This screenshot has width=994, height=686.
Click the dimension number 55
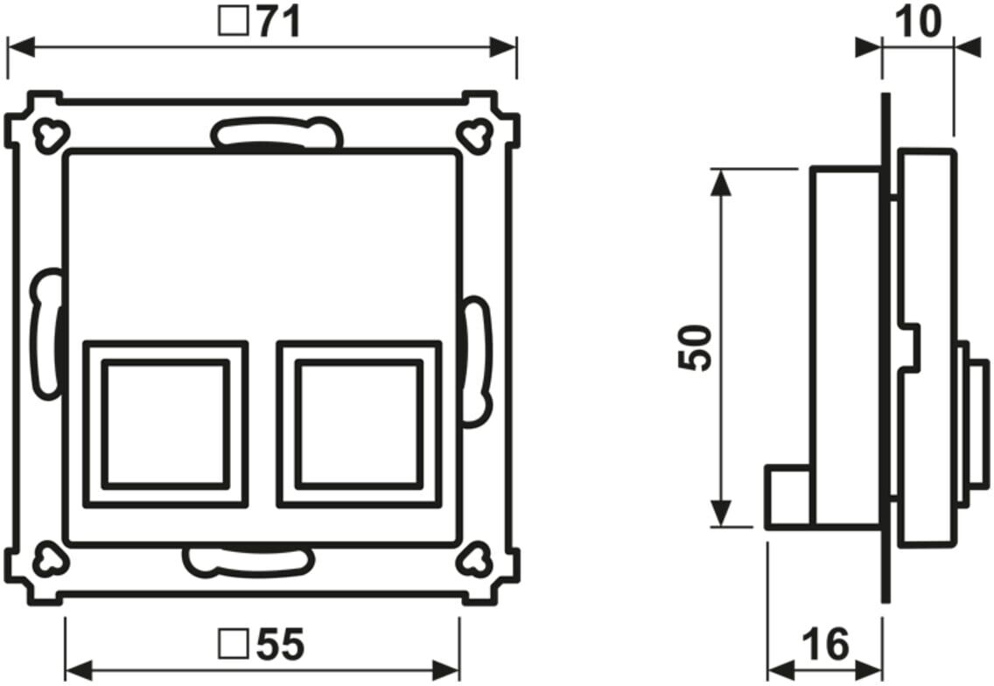pyautogui.click(x=280, y=644)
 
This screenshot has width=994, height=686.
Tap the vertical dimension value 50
pyautogui.click(x=695, y=347)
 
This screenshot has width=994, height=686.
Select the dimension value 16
pyautogui.click(x=825, y=644)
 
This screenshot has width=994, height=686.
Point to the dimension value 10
pyautogui.click(x=917, y=22)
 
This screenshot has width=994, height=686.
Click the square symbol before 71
pyautogui.click(x=233, y=22)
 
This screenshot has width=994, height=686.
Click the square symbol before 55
pyautogui.click(x=233, y=643)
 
